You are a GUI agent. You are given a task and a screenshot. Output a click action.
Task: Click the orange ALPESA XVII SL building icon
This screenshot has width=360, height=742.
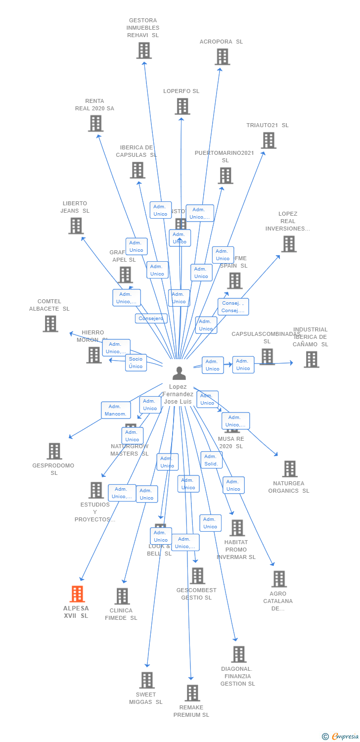tap(77, 594)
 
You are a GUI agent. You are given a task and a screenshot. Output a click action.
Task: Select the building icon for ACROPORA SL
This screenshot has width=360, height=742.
tap(222, 57)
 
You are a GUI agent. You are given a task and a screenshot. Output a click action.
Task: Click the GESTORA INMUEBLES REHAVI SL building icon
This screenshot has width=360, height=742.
tap(144, 50)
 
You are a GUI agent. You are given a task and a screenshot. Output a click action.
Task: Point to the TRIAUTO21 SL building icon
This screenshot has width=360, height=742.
tap(269, 140)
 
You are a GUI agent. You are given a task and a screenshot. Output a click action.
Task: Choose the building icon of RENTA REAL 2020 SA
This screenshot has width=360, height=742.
tap(95, 124)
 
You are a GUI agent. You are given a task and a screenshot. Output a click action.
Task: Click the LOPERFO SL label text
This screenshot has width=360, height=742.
tap(181, 91)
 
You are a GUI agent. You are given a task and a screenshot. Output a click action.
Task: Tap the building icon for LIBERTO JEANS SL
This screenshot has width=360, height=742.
tap(76, 226)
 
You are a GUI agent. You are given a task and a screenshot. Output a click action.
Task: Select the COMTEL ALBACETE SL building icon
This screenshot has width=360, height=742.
tap(50, 324)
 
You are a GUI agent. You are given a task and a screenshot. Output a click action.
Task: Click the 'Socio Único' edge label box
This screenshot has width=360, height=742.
tap(136, 363)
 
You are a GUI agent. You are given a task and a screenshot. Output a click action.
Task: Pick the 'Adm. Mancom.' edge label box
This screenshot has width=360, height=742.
tap(116, 410)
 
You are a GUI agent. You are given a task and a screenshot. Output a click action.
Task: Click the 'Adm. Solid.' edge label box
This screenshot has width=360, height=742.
tap(211, 460)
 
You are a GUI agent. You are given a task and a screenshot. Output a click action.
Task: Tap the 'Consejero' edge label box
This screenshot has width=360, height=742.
tap(151, 319)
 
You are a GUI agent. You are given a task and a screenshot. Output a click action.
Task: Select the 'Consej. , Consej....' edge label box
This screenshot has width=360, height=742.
tap(233, 307)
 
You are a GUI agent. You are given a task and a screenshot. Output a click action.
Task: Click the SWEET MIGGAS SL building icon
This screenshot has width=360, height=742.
tap(146, 680)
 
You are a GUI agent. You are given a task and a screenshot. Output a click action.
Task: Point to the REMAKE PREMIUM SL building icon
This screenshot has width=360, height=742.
tap(192, 693)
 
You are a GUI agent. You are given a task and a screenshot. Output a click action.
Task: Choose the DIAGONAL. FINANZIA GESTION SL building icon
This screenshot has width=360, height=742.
tap(238, 654)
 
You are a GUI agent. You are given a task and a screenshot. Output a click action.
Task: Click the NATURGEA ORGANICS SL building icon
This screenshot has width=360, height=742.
tap(289, 469)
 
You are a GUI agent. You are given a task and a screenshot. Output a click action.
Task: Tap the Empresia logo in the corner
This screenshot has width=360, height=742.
tap(341, 737)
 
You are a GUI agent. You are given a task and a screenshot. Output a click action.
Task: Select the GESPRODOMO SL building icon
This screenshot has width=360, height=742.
tap(54, 451)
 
